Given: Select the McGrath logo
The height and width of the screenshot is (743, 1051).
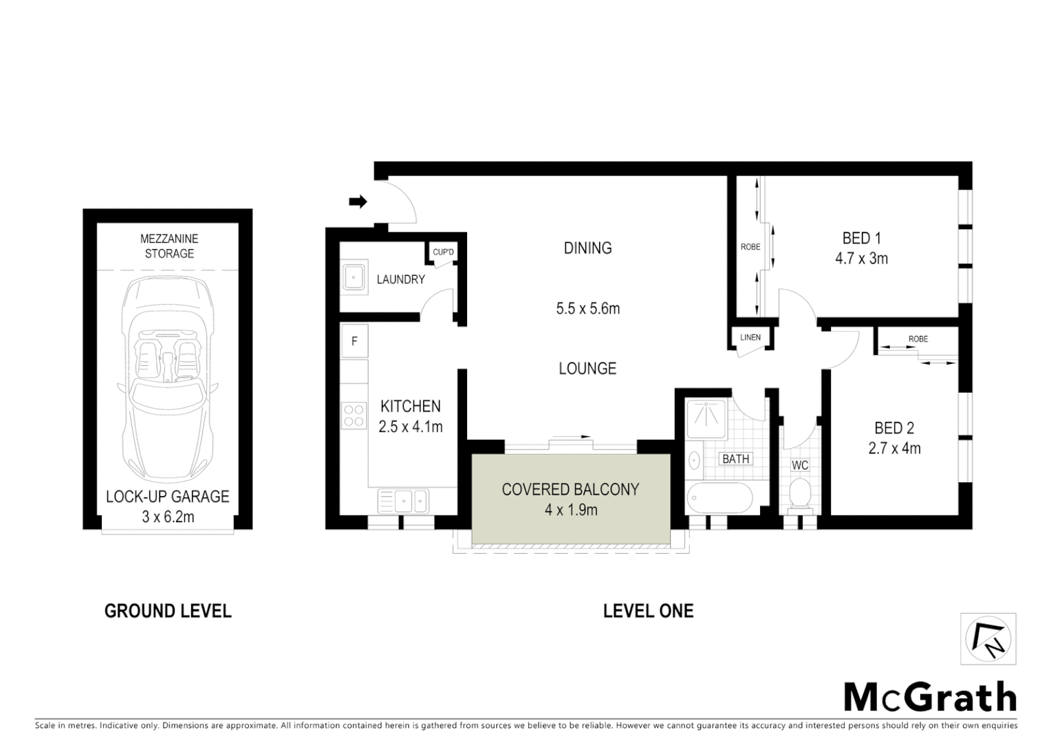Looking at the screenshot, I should (x=930, y=697).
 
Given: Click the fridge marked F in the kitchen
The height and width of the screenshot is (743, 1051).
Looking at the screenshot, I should (x=354, y=341).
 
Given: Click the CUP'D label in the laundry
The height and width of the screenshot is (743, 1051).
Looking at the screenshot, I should (x=443, y=252).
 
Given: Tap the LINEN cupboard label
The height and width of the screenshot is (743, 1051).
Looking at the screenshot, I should (x=750, y=337).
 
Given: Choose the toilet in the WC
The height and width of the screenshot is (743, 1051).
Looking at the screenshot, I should (x=799, y=494).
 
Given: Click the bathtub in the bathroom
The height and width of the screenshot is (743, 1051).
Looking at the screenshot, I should (x=719, y=497).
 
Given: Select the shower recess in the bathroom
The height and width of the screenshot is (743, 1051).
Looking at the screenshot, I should (x=706, y=418).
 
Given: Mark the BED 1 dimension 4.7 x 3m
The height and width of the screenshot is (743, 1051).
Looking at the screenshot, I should (x=861, y=259).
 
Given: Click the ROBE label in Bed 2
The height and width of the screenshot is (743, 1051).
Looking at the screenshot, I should (x=918, y=339).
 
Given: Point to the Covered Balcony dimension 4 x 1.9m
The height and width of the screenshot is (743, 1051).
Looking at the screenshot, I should (x=570, y=510).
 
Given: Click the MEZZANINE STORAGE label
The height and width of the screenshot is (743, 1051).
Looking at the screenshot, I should (x=169, y=246).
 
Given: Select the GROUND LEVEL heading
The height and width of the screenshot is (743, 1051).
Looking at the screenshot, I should (x=168, y=611).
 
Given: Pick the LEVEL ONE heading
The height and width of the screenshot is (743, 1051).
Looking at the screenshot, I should (x=648, y=611).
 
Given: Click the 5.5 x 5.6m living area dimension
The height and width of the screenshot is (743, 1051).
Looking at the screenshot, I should (x=588, y=309).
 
